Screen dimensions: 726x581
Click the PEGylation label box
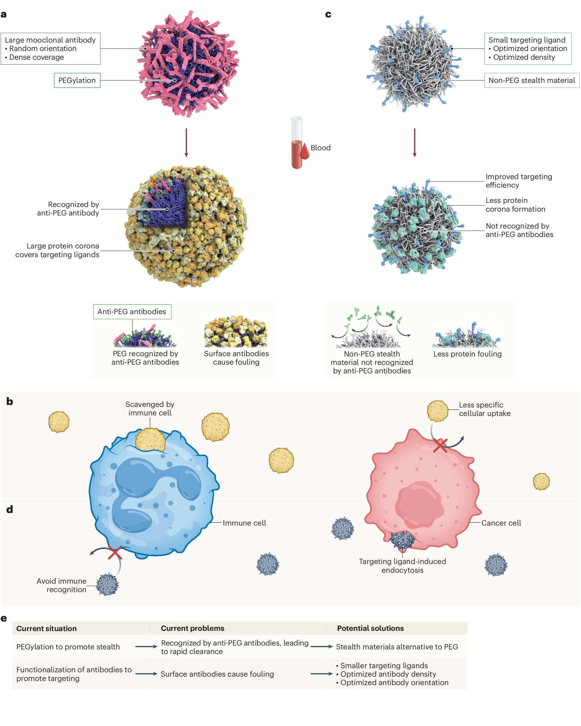click(x=77, y=80)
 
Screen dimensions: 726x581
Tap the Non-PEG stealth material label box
click(x=531, y=80)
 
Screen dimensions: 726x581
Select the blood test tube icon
click(x=297, y=143)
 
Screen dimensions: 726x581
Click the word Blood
click(x=320, y=148)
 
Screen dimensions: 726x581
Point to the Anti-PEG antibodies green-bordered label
click(x=132, y=312)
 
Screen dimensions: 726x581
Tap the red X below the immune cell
click(x=115, y=553)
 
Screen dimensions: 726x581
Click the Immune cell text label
click(x=244, y=523)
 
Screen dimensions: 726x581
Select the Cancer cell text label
click(x=501, y=523)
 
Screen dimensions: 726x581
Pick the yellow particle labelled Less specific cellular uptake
click(x=437, y=411)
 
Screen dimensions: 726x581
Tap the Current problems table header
click(x=192, y=628)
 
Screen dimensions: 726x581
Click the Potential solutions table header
click(x=370, y=628)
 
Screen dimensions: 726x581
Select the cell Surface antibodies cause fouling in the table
click(x=217, y=674)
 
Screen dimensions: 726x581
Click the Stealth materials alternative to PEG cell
click(x=397, y=647)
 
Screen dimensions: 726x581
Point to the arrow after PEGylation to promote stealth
click(x=146, y=647)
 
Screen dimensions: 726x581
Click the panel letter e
click(x=4, y=618)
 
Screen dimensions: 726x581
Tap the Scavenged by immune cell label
click(x=149, y=409)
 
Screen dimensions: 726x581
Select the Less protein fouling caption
click(x=467, y=354)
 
